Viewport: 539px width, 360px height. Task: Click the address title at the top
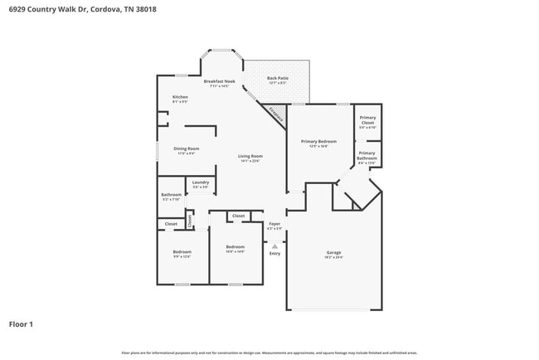78,9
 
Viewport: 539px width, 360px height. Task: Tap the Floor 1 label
22,324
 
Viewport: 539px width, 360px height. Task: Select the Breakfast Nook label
220,82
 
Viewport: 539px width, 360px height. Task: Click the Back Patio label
277,80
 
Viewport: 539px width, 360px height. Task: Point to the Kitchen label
180,98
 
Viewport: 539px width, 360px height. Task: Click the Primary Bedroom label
318,143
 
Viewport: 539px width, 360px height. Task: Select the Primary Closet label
367,121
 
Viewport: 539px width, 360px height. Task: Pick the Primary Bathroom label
367,155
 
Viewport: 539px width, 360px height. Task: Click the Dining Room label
187,149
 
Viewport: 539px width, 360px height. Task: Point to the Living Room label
250,157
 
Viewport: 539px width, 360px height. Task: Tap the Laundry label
200,183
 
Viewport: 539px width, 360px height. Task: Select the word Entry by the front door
274,254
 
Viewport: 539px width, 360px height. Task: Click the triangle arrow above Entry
274,246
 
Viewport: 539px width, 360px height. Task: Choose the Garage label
333,253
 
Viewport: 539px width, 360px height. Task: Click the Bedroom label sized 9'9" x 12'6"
182,253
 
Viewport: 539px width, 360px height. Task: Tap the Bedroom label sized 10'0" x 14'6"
236,248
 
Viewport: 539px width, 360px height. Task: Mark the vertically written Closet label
190,221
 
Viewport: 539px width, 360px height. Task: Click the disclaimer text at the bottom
269,353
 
